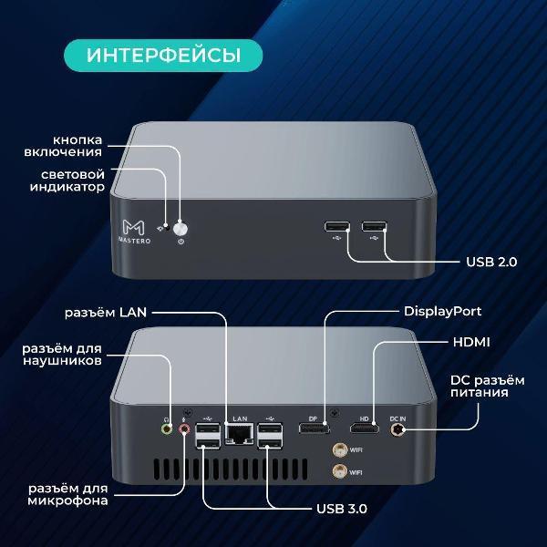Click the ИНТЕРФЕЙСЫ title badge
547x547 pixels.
pos(163,56)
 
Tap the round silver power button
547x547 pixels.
pos(181,229)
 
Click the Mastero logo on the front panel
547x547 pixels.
pos(134,232)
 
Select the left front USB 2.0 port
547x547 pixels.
pos(337,226)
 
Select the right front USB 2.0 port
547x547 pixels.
pos(375,226)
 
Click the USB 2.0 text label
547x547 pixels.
pos(491,262)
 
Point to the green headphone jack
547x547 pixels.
pos(167,428)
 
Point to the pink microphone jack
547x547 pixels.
pos(184,428)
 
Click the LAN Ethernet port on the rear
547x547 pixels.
pos(239,434)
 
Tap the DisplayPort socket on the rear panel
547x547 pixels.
pos(314,428)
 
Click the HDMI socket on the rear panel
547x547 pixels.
pos(365,428)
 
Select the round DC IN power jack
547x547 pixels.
pos(397,429)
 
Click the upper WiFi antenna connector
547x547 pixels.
pos(339,450)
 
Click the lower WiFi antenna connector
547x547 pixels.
pos(339,471)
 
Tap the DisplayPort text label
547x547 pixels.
pos(443,312)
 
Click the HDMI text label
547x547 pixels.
pos(471,342)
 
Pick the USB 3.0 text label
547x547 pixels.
pos(342,509)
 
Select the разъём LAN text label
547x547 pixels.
pos(106,312)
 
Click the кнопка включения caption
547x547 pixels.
pos(63,146)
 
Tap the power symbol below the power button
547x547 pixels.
pos(181,242)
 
